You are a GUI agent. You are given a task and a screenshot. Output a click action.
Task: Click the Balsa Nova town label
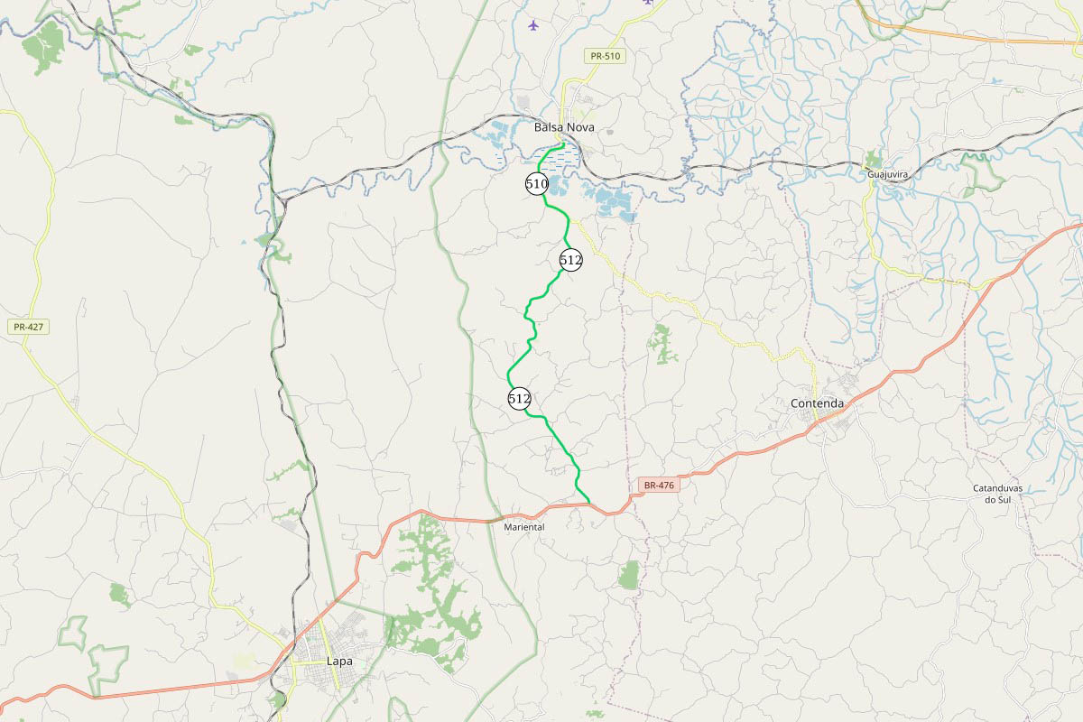(564, 127)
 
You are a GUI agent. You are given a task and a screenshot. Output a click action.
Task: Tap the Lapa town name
(338, 662)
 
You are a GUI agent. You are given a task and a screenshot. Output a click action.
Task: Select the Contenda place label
(817, 403)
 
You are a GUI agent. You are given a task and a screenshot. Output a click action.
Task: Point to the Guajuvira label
(885, 174)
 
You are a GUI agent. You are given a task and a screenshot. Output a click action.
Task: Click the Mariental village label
(524, 526)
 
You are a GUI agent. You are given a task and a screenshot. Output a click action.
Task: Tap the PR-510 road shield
(605, 56)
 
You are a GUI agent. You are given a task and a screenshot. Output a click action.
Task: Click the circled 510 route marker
(537, 184)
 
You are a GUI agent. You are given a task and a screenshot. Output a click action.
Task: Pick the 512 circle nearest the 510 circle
(570, 260)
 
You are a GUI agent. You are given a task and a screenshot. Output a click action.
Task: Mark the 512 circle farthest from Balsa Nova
(519, 398)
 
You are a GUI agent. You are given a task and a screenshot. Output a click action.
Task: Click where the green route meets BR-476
(589, 503)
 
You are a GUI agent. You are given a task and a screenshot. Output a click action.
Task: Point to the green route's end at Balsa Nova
(563, 143)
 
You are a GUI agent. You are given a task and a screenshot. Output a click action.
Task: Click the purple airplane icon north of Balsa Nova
(533, 24)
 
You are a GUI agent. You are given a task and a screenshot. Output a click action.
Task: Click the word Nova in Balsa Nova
(579, 127)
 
